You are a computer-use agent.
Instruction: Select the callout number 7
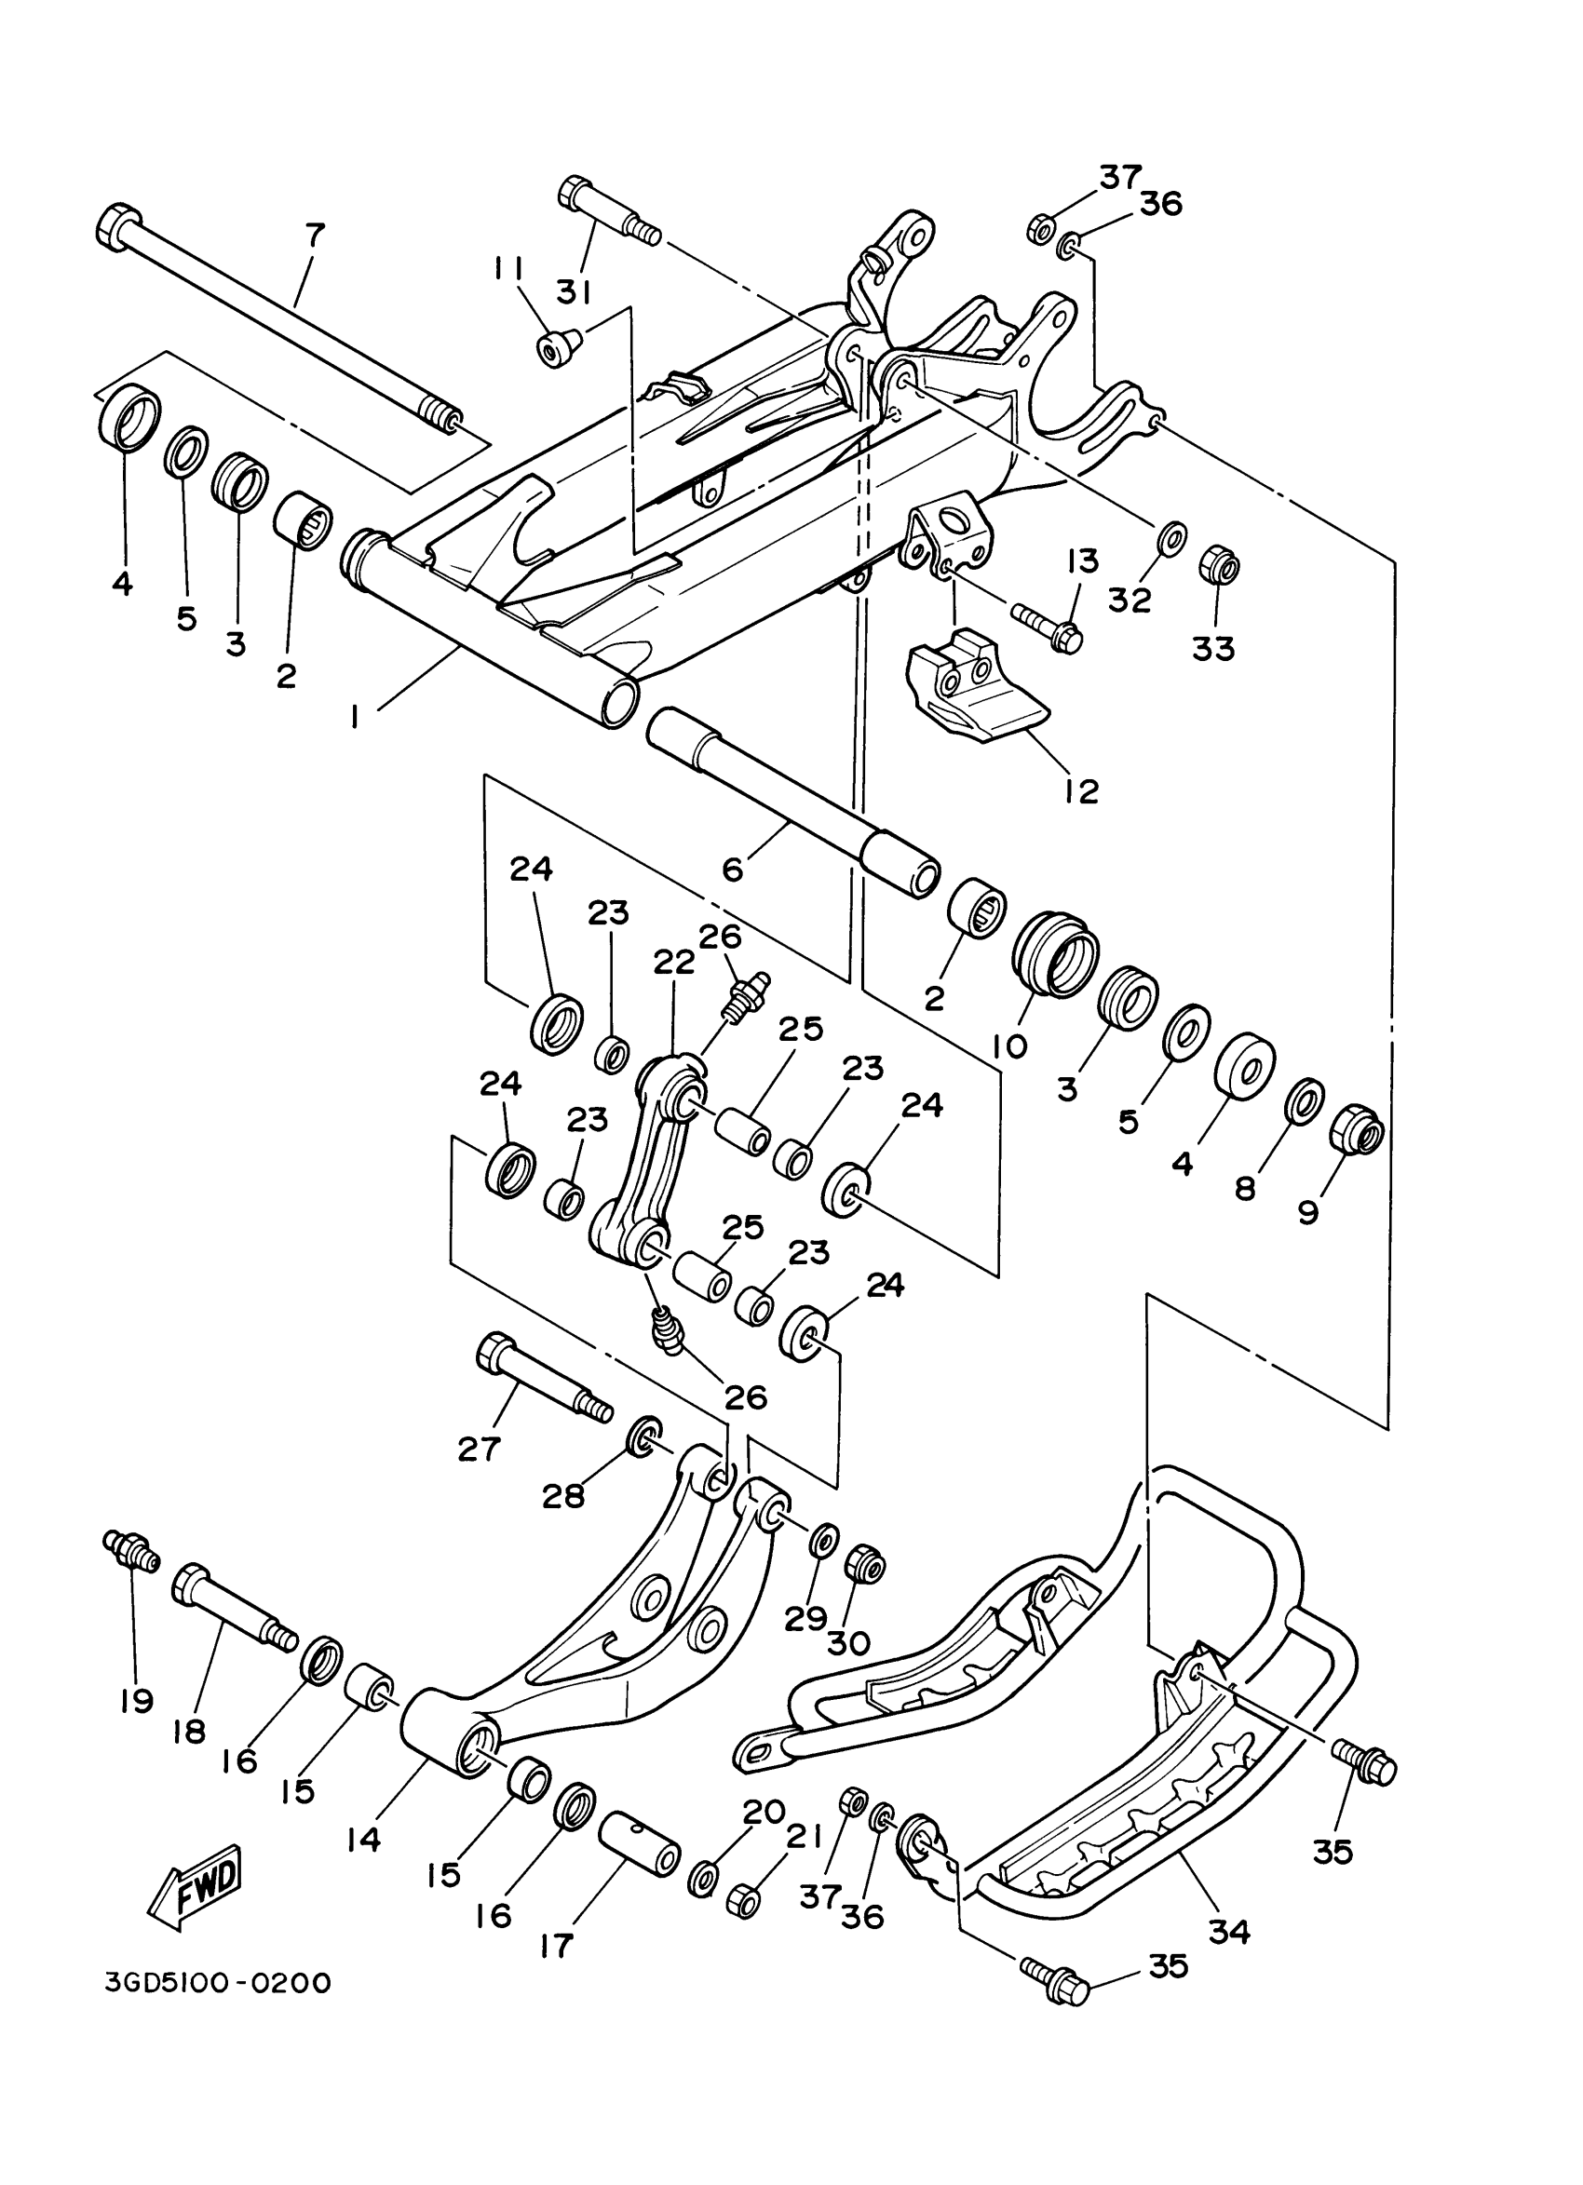[315, 233]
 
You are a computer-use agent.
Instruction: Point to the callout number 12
[1082, 791]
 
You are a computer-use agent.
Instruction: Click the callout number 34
[1228, 1931]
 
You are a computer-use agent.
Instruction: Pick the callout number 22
[673, 963]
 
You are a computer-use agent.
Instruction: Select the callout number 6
[733, 870]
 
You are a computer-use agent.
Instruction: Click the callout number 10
[1008, 1045]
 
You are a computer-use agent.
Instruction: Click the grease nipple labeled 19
[128, 1547]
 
